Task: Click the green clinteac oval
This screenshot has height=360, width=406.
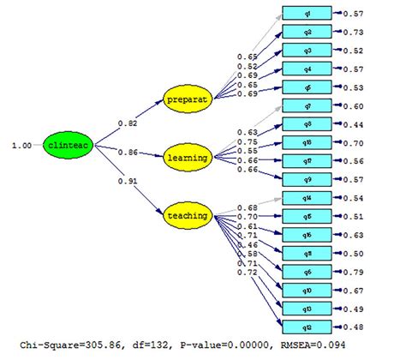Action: click(x=65, y=146)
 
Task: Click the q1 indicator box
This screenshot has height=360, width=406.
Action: click(x=307, y=15)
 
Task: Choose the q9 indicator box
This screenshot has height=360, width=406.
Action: click(x=307, y=178)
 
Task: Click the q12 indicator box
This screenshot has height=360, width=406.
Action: click(x=307, y=326)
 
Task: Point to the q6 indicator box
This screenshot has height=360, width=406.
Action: click(x=307, y=271)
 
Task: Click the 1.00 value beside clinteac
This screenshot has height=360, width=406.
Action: click(x=21, y=146)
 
